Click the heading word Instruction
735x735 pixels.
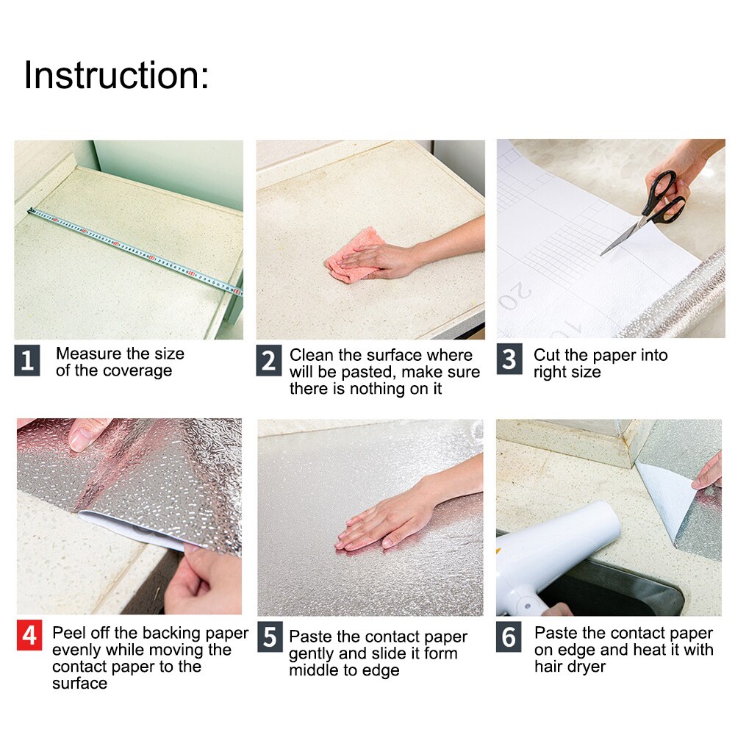[x=116, y=76]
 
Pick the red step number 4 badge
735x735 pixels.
[x=29, y=636]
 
